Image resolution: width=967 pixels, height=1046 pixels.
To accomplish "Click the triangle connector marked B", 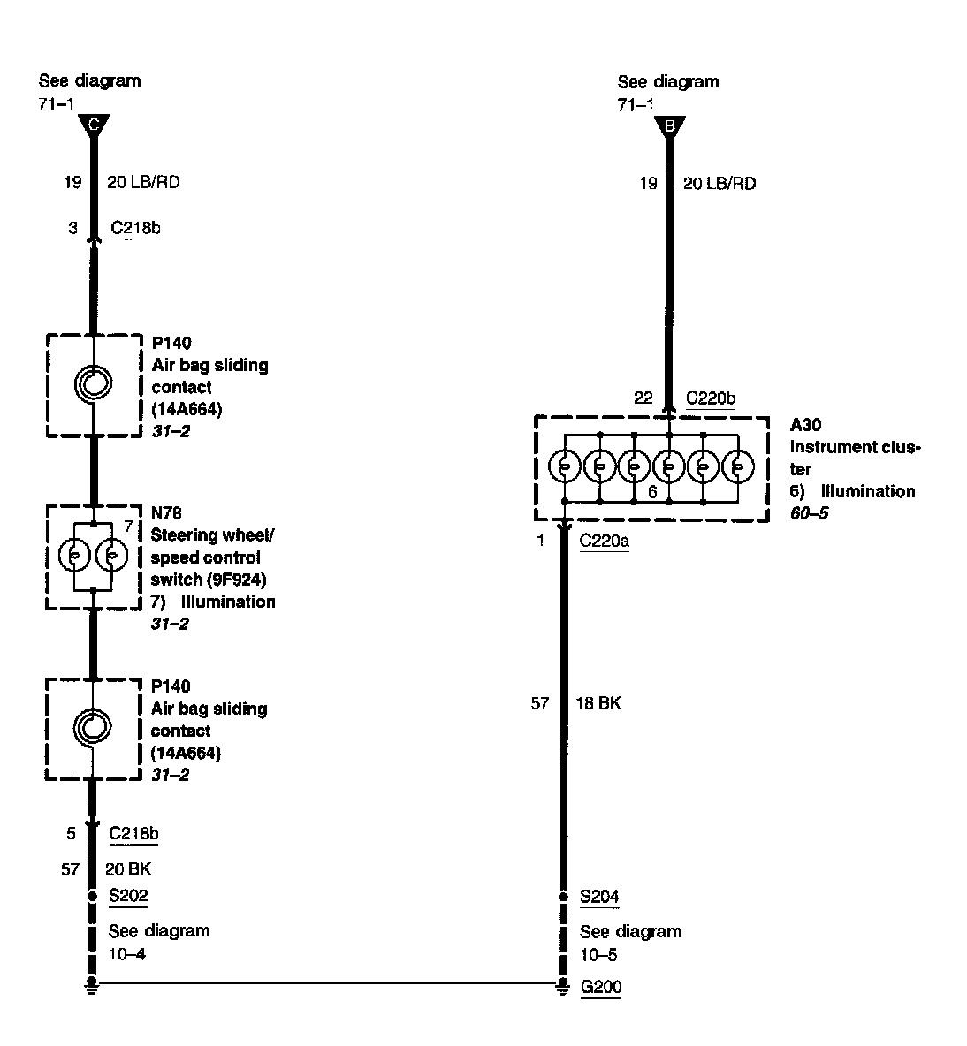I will pyautogui.click(x=669, y=126).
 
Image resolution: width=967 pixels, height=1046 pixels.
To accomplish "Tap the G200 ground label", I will pyautogui.click(x=600, y=987).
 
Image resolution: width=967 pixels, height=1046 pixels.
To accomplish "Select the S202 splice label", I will pyautogui.click(x=128, y=895).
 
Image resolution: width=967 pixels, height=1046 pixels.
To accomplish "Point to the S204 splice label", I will pyautogui.click(x=599, y=897).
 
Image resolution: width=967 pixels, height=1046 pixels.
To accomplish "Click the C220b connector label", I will pyautogui.click(x=711, y=398).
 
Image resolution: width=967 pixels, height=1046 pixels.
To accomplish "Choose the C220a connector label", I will pyautogui.click(x=604, y=541).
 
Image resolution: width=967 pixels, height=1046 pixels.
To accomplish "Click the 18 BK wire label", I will pyautogui.click(x=598, y=703).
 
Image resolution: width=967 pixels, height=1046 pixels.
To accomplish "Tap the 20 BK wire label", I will pyautogui.click(x=128, y=869).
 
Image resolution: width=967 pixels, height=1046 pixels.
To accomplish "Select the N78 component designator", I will pyautogui.click(x=165, y=512).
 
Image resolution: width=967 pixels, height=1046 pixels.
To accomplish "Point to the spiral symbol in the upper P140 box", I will pyautogui.click(x=93, y=383).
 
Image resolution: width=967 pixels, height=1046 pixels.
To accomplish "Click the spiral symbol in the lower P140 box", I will pyautogui.click(x=93, y=727).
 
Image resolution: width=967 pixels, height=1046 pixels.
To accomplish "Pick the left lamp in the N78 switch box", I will pyautogui.click(x=74, y=557).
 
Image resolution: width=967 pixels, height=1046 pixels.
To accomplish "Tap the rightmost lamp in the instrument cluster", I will pyautogui.click(x=738, y=465).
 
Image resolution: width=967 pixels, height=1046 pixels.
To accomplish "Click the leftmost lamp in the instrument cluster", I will pyautogui.click(x=564, y=465).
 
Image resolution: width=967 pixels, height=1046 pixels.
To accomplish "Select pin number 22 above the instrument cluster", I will pyautogui.click(x=643, y=398).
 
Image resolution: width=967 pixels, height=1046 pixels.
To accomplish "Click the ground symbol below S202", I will pyautogui.click(x=92, y=986).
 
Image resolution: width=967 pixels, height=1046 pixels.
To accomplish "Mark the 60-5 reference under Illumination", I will pyautogui.click(x=809, y=513).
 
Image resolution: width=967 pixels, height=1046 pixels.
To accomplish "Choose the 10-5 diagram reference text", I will pyautogui.click(x=598, y=955).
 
